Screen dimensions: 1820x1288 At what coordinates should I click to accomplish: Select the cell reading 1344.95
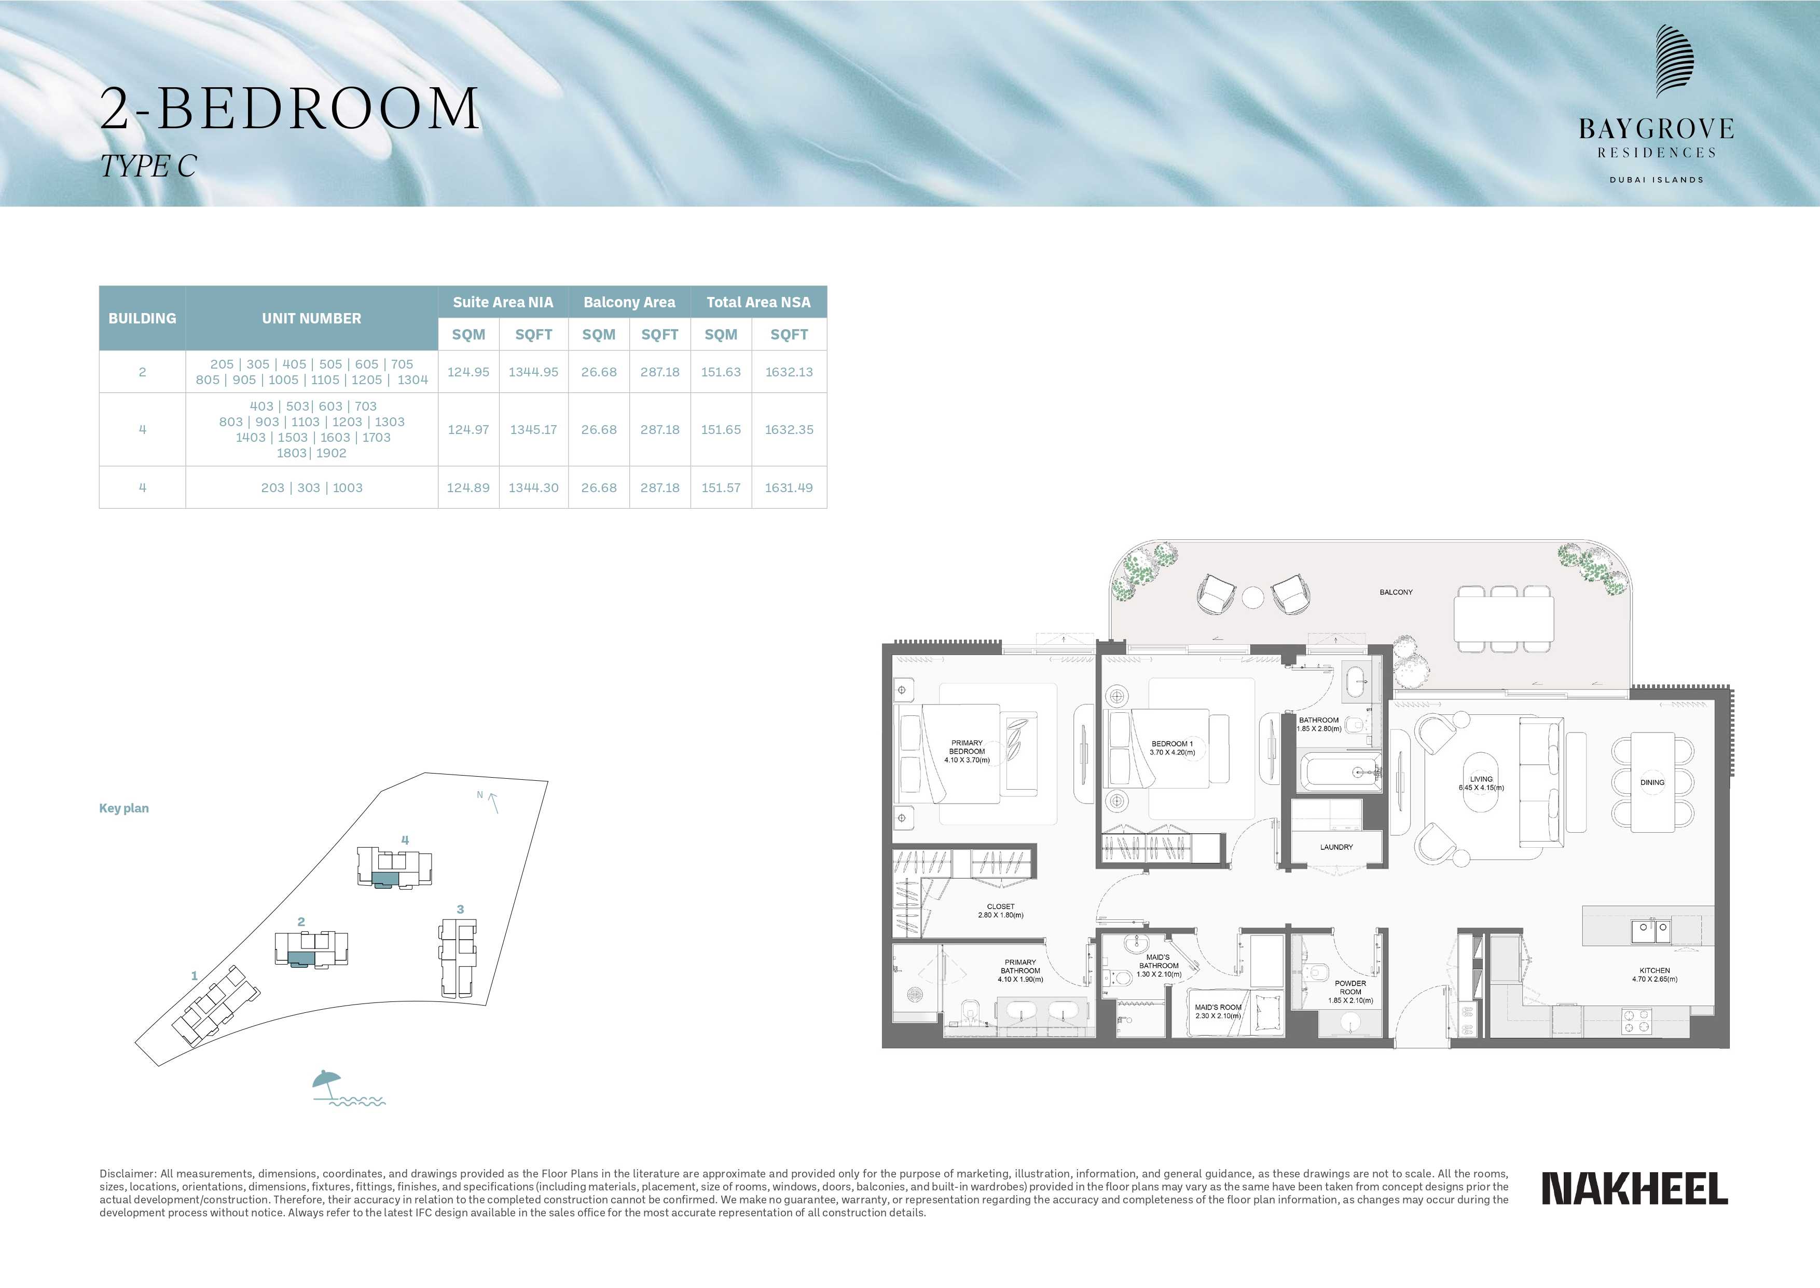click(533, 372)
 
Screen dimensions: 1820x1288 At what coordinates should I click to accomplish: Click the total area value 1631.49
click(789, 488)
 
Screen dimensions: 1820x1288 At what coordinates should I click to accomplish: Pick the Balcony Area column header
click(629, 302)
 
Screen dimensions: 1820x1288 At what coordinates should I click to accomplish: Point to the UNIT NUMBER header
click(311, 318)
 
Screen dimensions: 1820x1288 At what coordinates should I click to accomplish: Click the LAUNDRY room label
click(1336, 847)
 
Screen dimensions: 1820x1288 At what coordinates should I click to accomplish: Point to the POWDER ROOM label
click(1350, 987)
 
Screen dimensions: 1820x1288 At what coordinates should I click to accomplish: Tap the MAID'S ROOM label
click(1218, 1007)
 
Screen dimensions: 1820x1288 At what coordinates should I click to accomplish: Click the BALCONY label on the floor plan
click(1396, 592)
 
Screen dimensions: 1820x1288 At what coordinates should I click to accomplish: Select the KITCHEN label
click(1654, 970)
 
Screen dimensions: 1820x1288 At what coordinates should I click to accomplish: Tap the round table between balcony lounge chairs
click(1253, 596)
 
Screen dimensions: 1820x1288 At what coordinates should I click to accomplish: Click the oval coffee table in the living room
click(1480, 782)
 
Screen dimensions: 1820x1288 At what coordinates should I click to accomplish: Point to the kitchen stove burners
click(1636, 1020)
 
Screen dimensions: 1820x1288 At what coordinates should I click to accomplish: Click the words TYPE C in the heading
click(148, 167)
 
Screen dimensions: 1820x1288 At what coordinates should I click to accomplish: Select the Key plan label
click(123, 808)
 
